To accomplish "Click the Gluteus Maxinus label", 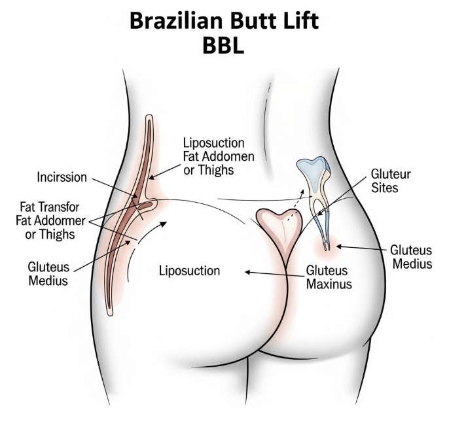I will pos(329,277).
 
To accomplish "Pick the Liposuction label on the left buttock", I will pos(190,270).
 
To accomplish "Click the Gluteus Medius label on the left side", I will pos(47,274).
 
